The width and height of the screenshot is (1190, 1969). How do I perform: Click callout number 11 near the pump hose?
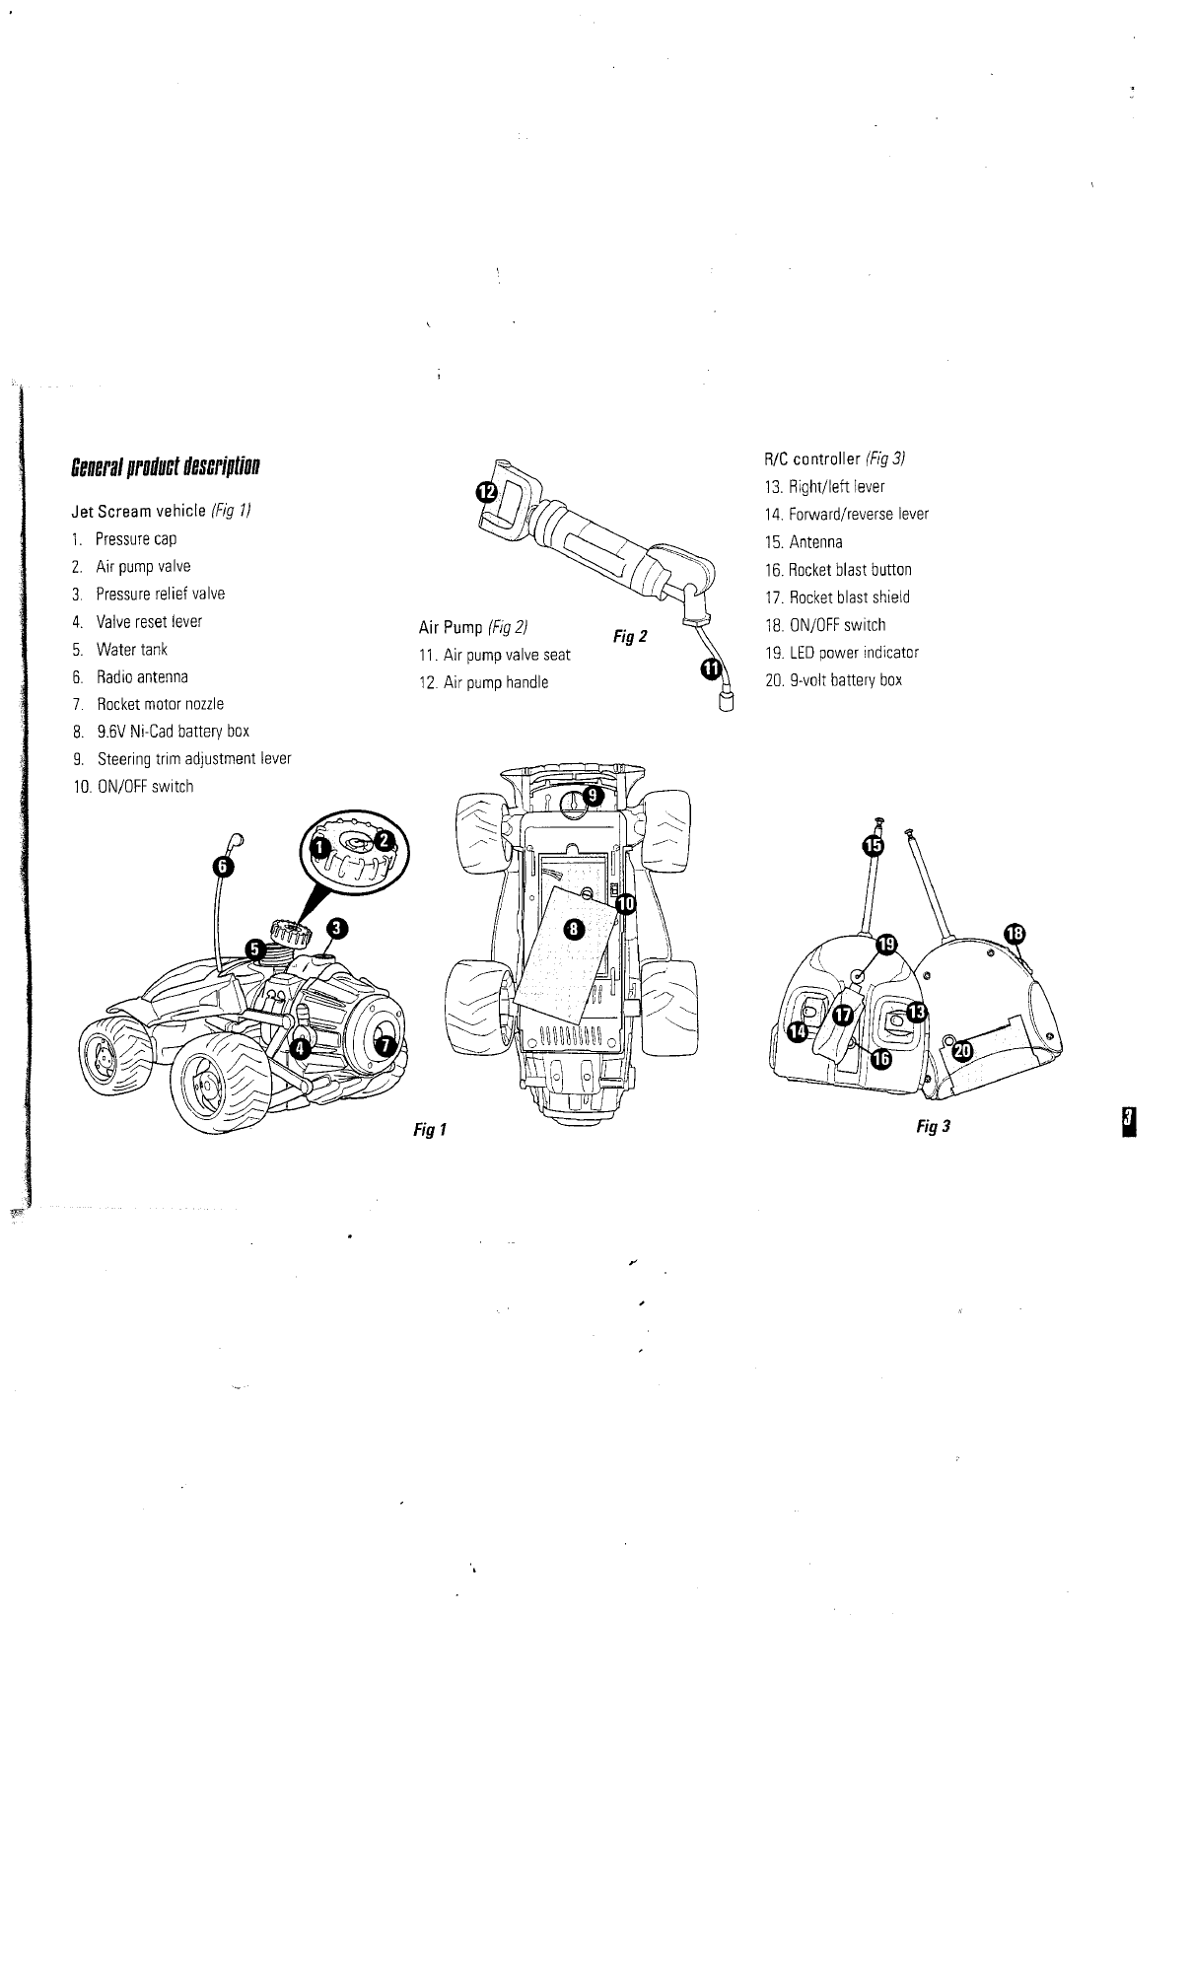coord(710,669)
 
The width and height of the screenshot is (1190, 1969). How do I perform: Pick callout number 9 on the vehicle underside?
coord(591,794)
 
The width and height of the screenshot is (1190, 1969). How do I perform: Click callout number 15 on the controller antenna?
coord(874,845)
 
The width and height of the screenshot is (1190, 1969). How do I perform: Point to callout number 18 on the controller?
coord(1015,933)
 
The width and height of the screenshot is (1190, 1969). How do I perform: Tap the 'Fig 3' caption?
coord(932,1126)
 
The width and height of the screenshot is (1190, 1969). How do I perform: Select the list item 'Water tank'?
coord(132,650)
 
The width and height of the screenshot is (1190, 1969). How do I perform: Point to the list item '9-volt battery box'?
coord(845,680)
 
